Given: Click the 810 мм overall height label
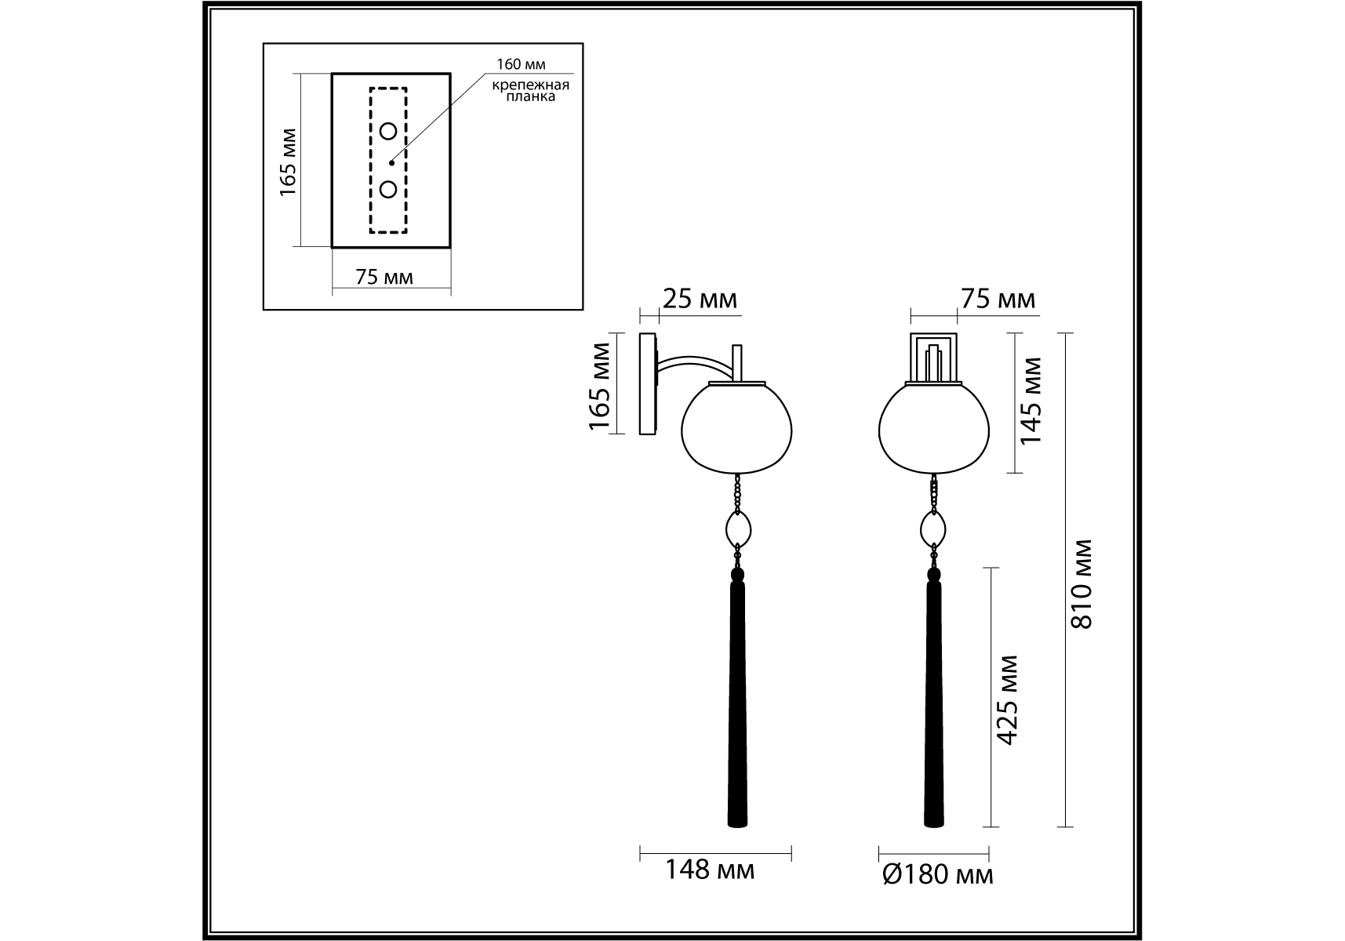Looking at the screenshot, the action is (1082, 583).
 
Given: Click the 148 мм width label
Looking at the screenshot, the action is (711, 869).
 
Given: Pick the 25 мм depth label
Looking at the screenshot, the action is (700, 299).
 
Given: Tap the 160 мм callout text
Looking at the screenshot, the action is (521, 64).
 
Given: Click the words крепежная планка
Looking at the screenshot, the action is (531, 91).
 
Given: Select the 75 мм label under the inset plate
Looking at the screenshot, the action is (384, 277).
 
